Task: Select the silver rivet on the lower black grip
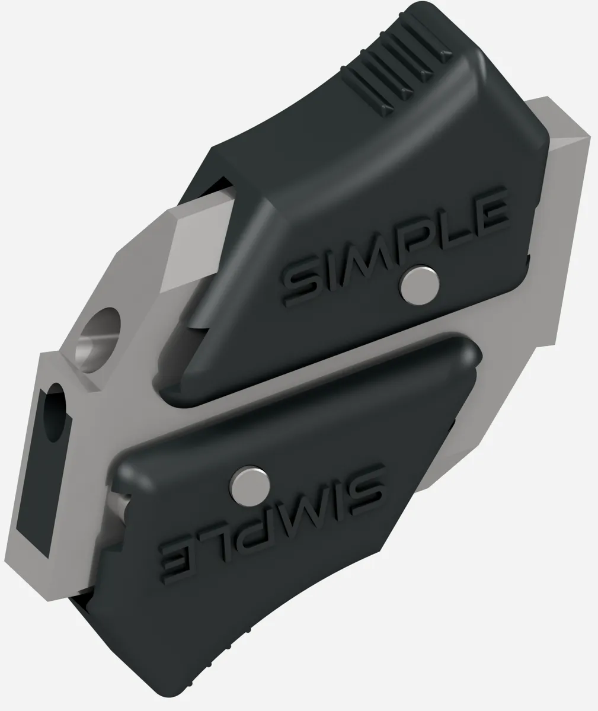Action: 250,486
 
